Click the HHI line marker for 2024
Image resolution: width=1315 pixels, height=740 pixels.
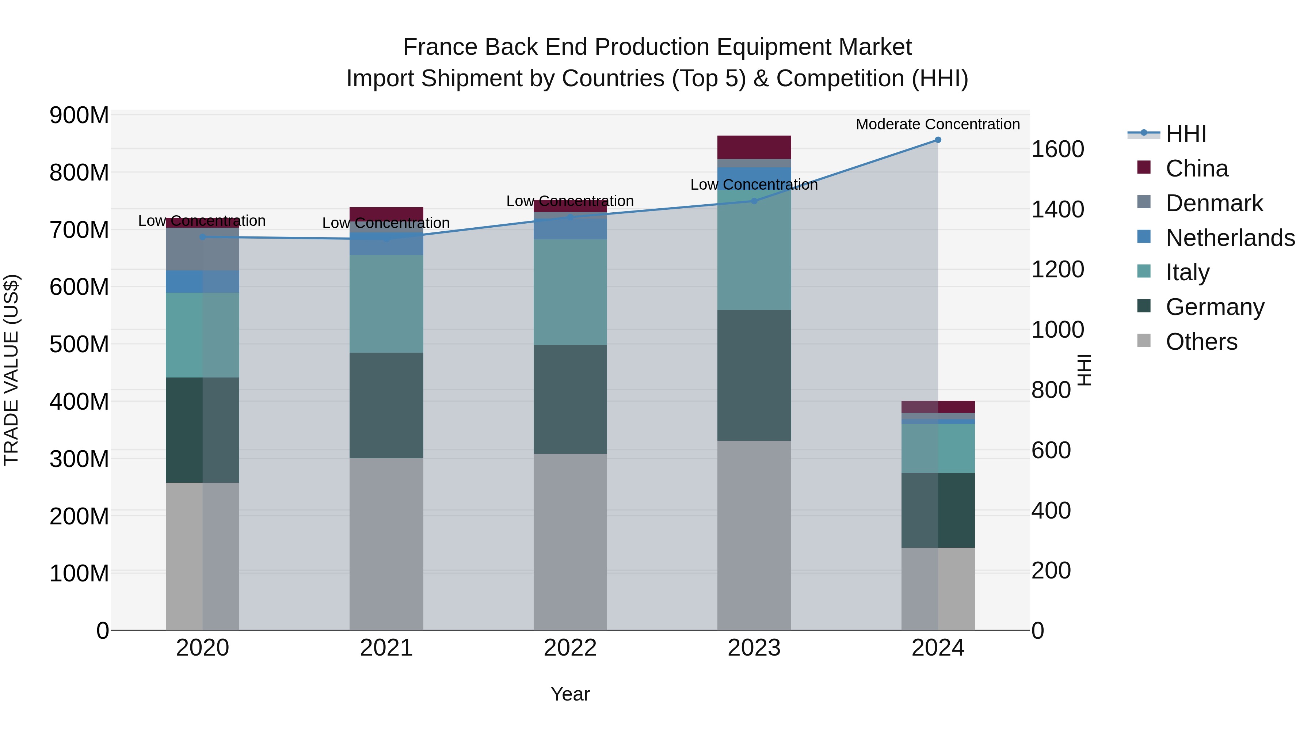point(938,140)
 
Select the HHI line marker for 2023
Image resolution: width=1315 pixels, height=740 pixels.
point(754,201)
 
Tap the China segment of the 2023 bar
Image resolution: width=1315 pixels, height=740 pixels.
point(754,147)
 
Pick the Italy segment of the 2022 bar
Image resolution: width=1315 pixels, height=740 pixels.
point(570,292)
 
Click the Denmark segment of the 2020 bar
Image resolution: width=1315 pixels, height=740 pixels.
point(203,249)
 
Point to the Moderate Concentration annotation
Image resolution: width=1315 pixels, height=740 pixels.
point(938,124)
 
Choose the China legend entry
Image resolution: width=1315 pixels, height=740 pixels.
point(1197,168)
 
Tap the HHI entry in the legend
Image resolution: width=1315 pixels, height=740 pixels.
point(1185,134)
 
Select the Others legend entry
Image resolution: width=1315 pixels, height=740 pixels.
point(1201,342)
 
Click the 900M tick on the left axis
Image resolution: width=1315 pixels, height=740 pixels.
point(79,115)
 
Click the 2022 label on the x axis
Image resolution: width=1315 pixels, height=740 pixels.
point(570,648)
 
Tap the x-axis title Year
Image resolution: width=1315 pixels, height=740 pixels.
point(570,694)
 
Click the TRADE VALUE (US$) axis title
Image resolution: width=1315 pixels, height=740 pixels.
point(11,370)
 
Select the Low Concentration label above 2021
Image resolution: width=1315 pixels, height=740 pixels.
point(386,223)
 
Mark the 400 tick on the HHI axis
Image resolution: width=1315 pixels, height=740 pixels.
point(1051,510)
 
